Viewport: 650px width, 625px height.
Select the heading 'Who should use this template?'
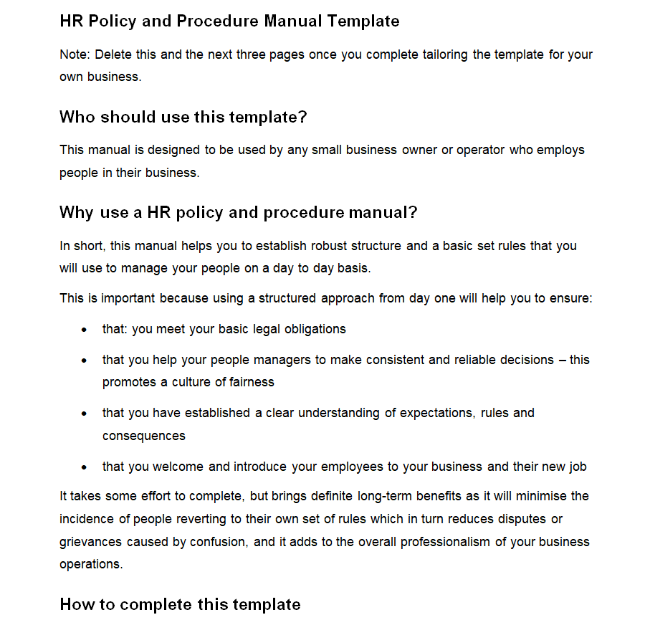pos(183,117)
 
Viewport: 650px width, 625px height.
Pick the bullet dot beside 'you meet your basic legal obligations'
pos(85,330)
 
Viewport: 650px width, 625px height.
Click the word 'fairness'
pos(250,382)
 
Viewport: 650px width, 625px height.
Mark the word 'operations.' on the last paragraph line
pos(91,564)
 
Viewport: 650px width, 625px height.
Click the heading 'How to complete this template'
pos(180,604)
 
